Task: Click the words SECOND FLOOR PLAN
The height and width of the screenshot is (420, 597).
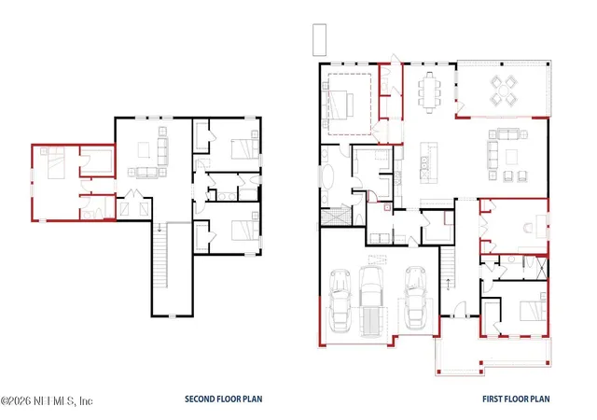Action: click(x=224, y=399)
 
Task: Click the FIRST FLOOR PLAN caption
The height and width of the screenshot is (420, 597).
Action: click(x=516, y=399)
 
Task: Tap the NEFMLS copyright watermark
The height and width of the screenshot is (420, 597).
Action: click(x=47, y=401)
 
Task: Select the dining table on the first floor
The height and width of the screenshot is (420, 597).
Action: click(x=429, y=92)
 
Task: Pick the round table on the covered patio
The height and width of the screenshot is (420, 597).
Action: click(x=504, y=91)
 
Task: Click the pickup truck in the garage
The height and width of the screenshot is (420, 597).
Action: click(x=370, y=301)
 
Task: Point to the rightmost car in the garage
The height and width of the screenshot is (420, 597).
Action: click(x=415, y=298)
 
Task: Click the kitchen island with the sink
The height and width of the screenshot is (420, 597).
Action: click(x=429, y=161)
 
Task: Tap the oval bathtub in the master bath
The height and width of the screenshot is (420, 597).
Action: click(x=327, y=176)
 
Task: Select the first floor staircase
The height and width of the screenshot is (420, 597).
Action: click(x=448, y=268)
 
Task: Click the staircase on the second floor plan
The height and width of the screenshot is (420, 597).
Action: click(x=160, y=256)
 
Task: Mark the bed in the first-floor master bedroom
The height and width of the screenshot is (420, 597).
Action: click(x=339, y=105)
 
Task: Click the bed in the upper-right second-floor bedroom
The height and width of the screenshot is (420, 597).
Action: click(x=245, y=149)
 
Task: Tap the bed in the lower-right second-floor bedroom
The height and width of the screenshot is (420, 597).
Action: click(x=245, y=231)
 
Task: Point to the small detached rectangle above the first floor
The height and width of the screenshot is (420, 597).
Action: click(x=319, y=40)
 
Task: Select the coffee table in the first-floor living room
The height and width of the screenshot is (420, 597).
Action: click(x=512, y=157)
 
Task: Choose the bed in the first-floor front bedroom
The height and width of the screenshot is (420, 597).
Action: click(x=533, y=310)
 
